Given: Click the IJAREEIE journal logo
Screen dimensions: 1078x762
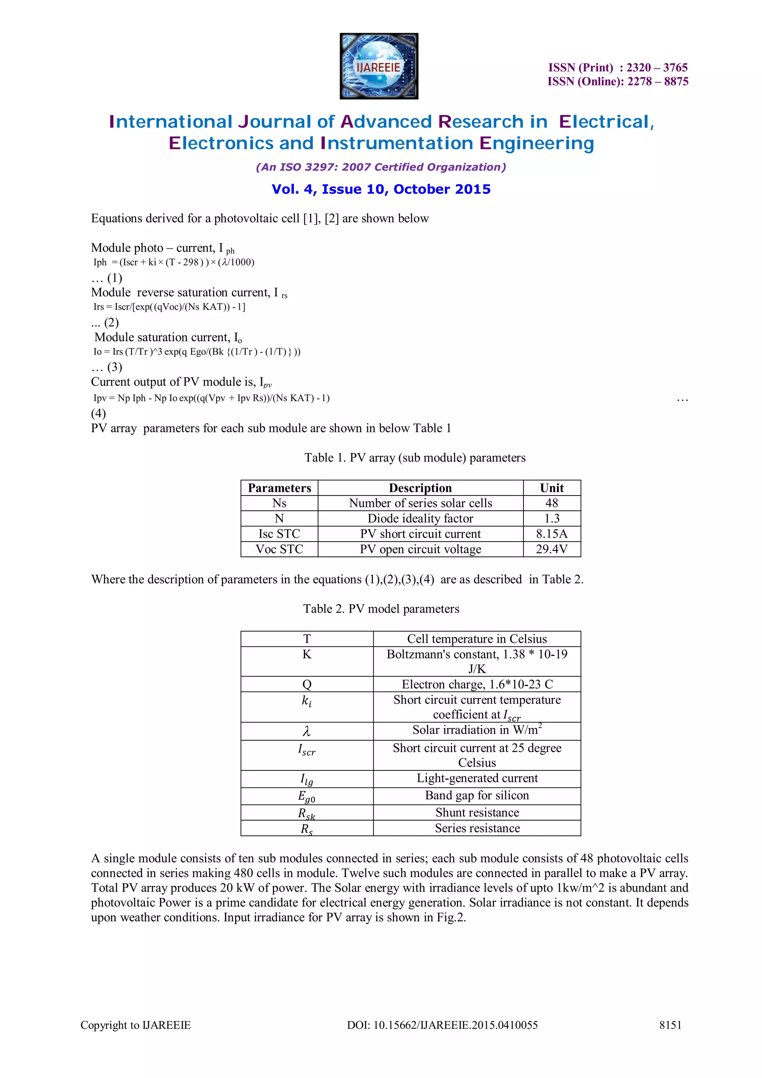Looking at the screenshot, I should click(x=378, y=66).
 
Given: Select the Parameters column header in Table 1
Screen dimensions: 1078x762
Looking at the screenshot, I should click(x=279, y=488).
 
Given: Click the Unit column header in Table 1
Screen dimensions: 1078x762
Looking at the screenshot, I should click(x=552, y=488).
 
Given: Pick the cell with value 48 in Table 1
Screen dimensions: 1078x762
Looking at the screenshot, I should click(x=552, y=503).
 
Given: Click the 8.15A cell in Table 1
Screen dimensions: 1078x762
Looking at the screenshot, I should click(x=552, y=534).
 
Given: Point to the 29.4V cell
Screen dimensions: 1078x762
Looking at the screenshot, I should click(x=552, y=549).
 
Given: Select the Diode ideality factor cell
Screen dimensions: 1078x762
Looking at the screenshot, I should click(x=420, y=518).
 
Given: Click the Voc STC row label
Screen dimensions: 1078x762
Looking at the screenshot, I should click(x=279, y=549).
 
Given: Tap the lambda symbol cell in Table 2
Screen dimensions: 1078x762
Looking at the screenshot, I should click(x=307, y=731).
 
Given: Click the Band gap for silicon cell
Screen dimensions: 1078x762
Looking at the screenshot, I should click(x=477, y=795).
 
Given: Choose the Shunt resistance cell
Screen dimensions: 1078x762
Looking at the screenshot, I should click(x=477, y=813).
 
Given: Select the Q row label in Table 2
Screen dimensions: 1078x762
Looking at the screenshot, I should click(x=307, y=684).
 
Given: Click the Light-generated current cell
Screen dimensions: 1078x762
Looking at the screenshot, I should click(x=477, y=778).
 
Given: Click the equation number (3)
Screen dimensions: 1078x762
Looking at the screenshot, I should click(x=114, y=367).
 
